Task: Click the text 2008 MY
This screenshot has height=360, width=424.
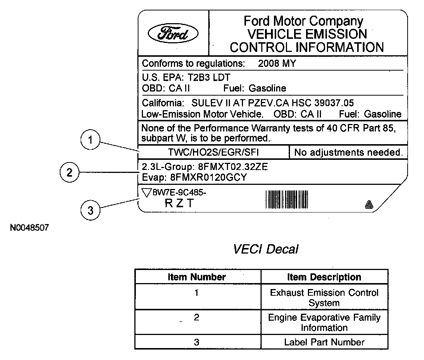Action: (x=277, y=63)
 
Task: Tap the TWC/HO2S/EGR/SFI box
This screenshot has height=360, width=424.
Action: (x=213, y=152)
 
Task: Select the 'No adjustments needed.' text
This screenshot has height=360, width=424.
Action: (x=349, y=152)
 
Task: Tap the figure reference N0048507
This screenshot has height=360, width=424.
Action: (x=29, y=227)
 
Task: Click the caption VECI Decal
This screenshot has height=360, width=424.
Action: (x=265, y=249)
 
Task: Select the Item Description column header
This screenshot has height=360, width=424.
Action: (x=324, y=277)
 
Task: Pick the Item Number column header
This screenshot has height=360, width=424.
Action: (x=197, y=277)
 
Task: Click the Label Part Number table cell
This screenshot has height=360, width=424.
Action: (x=324, y=342)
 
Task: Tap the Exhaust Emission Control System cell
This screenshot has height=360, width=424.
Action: (x=324, y=298)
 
